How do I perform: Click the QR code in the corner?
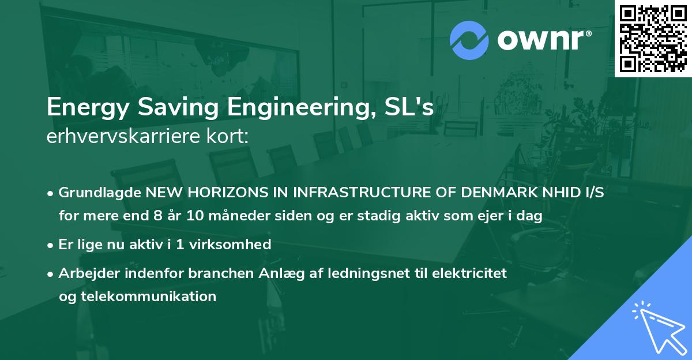(x=653, y=39)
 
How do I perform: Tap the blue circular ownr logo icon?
(x=469, y=40)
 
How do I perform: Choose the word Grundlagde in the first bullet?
(x=99, y=193)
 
